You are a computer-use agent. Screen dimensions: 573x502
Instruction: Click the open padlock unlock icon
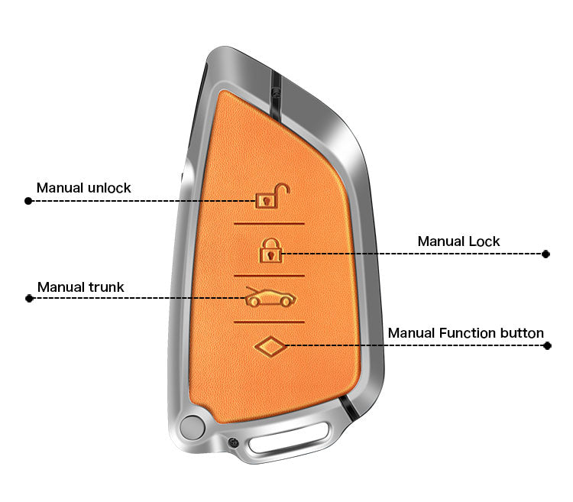272,196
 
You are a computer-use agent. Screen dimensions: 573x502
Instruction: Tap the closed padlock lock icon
270,251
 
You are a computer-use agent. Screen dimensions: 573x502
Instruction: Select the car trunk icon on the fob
270,297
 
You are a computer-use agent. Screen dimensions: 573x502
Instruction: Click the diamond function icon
270,346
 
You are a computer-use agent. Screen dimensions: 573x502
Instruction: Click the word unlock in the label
109,188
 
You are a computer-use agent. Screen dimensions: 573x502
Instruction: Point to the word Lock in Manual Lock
484,241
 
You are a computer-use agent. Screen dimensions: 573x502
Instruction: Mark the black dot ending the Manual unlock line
28,201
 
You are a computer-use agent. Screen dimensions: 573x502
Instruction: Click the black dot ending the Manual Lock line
545,254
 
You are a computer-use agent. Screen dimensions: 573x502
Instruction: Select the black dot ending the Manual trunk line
29,299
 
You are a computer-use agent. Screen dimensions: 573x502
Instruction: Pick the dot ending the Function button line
547,345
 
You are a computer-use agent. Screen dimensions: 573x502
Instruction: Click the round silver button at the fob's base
193,427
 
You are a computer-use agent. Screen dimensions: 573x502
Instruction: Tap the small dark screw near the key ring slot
233,443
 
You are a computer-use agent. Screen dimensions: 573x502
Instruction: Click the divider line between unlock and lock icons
270,223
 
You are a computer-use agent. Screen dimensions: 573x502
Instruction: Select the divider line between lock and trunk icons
270,276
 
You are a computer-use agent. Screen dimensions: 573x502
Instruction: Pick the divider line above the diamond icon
270,322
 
